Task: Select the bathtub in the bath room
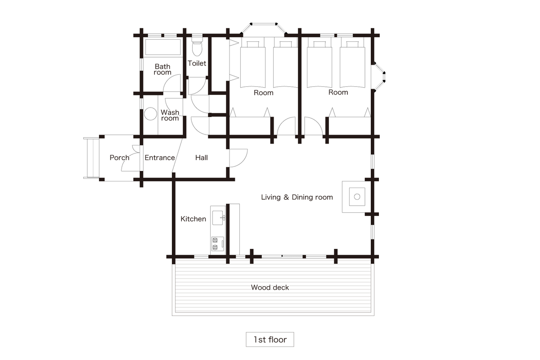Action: (163, 47)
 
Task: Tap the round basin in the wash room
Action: (150, 113)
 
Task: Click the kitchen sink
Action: (217, 218)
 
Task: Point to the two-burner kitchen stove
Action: (218, 244)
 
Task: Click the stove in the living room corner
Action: (357, 197)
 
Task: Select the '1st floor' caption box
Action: (270, 339)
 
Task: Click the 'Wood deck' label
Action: (270, 288)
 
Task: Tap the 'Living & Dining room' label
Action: (297, 197)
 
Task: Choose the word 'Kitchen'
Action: (193, 219)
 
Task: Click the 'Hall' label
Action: (202, 157)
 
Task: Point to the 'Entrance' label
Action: (160, 157)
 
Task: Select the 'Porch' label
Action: (120, 157)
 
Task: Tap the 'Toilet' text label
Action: (197, 63)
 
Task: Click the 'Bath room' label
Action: (162, 69)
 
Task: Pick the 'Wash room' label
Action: (170, 115)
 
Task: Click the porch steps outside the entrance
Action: (91, 158)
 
